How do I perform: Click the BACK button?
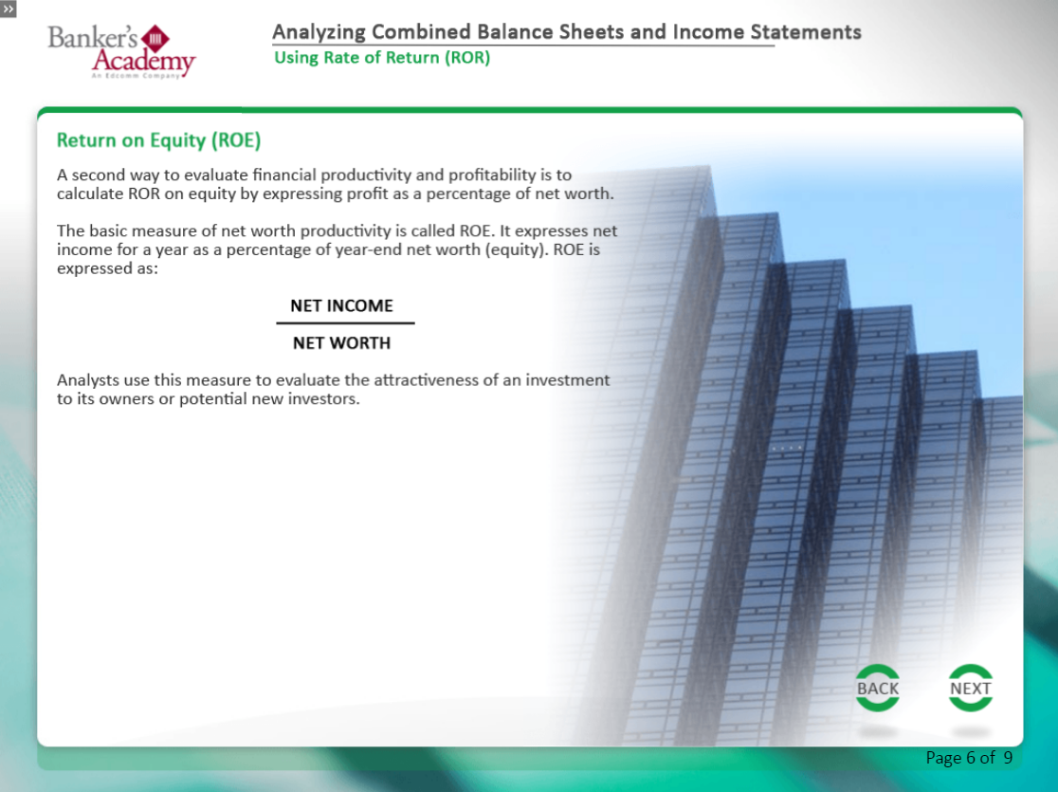[877, 688]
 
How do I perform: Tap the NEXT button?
[970, 688]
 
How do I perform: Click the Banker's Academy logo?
[121, 51]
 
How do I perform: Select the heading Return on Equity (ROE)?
[158, 140]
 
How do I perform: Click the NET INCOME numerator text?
[341, 305]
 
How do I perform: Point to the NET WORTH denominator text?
[341, 343]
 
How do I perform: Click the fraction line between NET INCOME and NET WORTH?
[345, 323]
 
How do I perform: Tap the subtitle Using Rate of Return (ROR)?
[382, 58]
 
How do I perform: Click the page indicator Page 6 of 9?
[969, 758]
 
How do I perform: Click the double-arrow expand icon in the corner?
[9, 9]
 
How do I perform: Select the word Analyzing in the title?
[319, 32]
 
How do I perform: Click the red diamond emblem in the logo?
[155, 39]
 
